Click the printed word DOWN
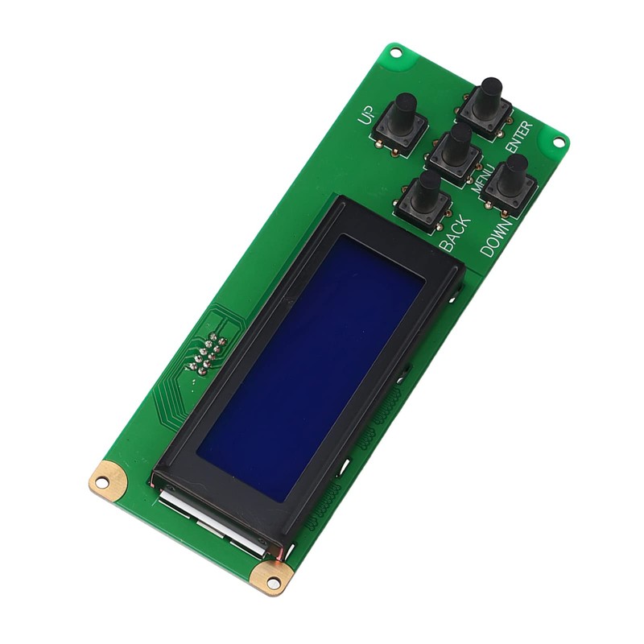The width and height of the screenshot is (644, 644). tap(497, 236)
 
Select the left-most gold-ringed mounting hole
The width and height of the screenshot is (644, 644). tap(102, 482)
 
